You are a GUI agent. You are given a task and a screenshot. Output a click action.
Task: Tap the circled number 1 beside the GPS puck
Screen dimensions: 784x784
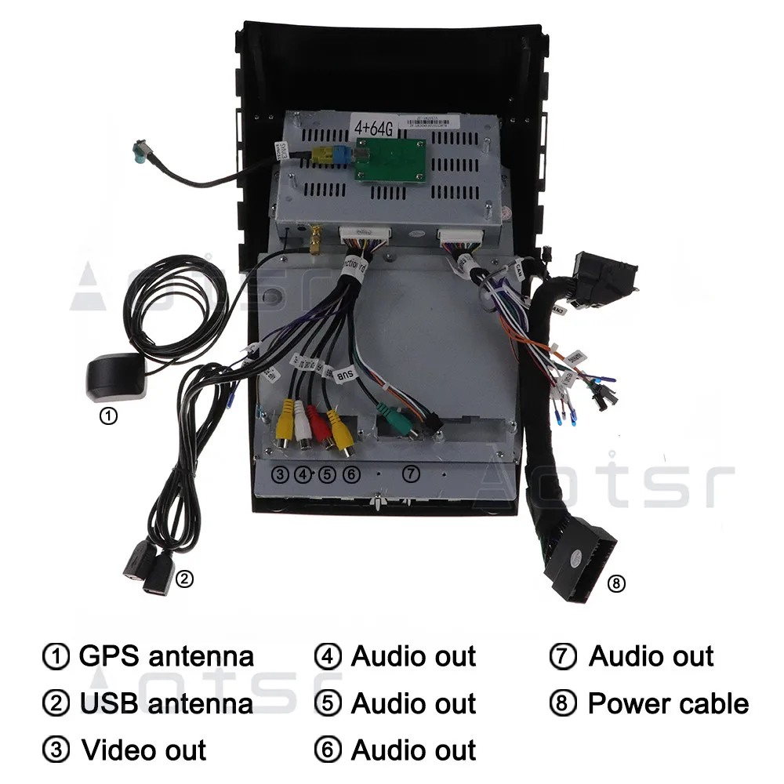pos(109,416)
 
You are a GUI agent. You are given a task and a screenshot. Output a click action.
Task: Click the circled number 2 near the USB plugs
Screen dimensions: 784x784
pos(183,579)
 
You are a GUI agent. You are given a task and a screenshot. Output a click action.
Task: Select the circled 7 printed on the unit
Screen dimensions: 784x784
pos(412,474)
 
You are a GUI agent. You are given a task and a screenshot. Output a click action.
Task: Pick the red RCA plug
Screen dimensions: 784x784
pos(319,424)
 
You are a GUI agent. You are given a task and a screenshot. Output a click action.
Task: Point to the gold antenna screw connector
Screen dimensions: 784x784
pos(314,241)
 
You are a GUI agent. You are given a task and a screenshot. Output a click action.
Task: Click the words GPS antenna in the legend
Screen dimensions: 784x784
pos(166,656)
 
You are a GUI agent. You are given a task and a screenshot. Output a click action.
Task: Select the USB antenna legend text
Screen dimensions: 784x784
pos(166,703)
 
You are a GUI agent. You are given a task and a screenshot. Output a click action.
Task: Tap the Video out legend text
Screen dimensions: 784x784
pos(144,750)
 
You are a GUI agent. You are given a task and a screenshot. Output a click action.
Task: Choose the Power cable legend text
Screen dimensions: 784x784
pos(668,703)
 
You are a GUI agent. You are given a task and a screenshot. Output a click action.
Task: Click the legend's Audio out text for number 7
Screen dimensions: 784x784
pos(651,656)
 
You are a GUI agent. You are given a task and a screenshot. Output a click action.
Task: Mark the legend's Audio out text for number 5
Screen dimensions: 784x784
pos(413,703)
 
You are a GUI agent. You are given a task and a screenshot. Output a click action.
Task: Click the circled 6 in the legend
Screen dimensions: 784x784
pos(328,750)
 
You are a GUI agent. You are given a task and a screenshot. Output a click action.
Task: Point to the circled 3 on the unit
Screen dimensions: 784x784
pos(280,474)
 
